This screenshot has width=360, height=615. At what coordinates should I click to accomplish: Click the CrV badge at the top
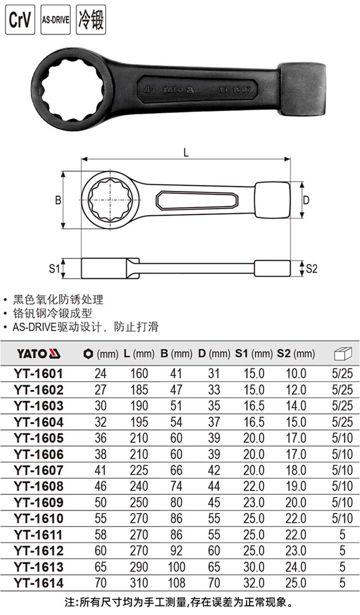point(20,20)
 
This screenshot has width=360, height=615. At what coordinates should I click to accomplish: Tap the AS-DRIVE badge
point(56,20)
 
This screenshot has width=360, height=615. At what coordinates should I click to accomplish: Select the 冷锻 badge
point(91,20)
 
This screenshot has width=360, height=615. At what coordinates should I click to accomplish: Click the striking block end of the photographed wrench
point(302,89)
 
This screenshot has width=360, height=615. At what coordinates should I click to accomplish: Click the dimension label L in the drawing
point(186,152)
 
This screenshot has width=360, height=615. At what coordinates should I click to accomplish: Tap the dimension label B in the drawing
point(58,200)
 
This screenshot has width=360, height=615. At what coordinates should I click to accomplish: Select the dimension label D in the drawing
point(306,200)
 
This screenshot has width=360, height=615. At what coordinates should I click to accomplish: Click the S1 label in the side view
point(54,268)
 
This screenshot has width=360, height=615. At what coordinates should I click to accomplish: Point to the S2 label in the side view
point(312,268)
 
